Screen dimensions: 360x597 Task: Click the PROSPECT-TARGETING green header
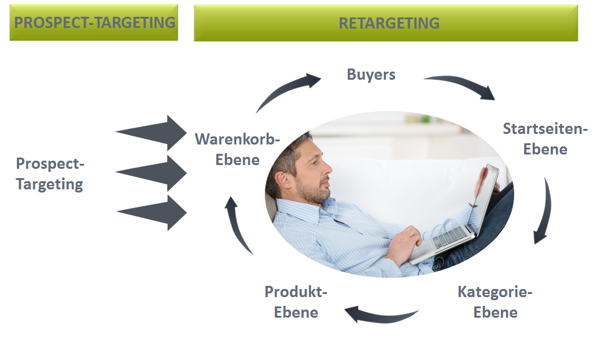[x=94, y=23]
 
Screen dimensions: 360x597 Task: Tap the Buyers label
[x=371, y=75]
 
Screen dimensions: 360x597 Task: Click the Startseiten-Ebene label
[x=545, y=139]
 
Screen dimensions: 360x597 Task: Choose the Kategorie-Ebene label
[x=495, y=301]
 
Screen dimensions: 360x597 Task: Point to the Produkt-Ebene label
[x=296, y=301]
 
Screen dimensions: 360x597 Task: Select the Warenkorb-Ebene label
[x=237, y=149]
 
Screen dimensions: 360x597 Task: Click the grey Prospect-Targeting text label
[x=49, y=174]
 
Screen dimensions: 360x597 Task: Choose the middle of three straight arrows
[x=153, y=172]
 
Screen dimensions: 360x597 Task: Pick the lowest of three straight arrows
[x=153, y=212]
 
